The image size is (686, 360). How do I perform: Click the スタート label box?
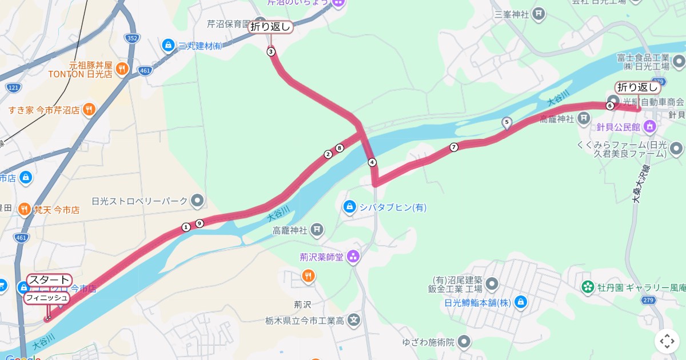pyautogui.click(x=49, y=280)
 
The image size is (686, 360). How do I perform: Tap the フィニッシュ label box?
pyautogui.click(x=46, y=298)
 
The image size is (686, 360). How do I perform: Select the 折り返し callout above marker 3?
pyautogui.click(x=270, y=26)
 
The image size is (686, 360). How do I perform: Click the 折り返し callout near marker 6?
pyautogui.click(x=638, y=87)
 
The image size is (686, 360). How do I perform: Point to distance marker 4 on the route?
pyautogui.click(x=372, y=162)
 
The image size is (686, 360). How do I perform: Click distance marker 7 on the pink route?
pyautogui.click(x=454, y=147)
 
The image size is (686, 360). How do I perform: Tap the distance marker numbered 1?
pyautogui.click(x=186, y=227)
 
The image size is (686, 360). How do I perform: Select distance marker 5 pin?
pyautogui.click(x=506, y=122)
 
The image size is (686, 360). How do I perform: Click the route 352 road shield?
pyautogui.click(x=131, y=38)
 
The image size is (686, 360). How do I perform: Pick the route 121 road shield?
pyautogui.click(x=14, y=87)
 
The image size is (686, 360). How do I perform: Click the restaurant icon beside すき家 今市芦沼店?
pyautogui.click(x=89, y=109)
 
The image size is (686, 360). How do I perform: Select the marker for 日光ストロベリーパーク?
pyautogui.click(x=197, y=201)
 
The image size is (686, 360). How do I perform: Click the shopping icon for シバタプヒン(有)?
pyautogui.click(x=349, y=206)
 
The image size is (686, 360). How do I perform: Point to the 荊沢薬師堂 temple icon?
pyautogui.click(x=353, y=257)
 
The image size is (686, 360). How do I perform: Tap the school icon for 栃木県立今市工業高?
pyautogui.click(x=354, y=321)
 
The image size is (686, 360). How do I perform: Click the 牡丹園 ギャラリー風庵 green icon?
pyautogui.click(x=587, y=287)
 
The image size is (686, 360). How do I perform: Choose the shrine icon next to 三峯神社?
pyautogui.click(x=537, y=13)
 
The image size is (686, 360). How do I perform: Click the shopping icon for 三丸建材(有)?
pyautogui.click(x=168, y=45)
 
